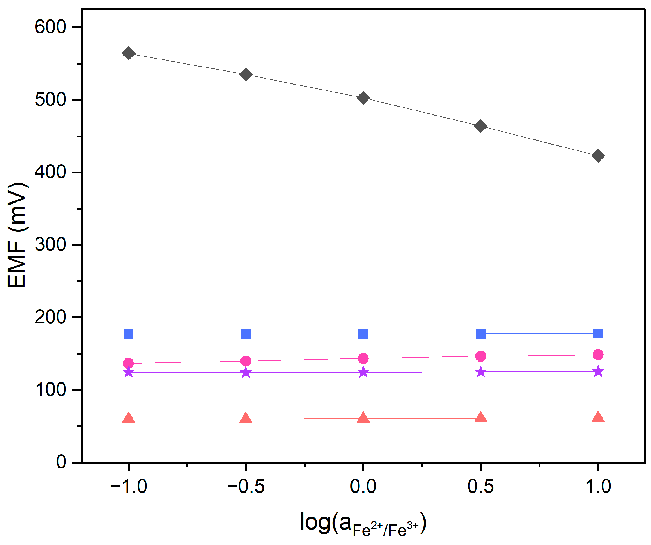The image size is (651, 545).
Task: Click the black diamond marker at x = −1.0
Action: [x=128, y=53]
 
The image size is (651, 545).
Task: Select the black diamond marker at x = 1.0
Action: [x=598, y=156]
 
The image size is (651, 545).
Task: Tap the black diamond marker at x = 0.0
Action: [x=363, y=98]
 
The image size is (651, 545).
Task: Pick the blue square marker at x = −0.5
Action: [x=246, y=334]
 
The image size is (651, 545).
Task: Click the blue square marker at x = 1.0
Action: [x=598, y=333]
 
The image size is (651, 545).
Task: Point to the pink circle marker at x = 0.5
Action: [x=480, y=356]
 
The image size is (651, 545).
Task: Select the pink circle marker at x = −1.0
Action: [x=128, y=363]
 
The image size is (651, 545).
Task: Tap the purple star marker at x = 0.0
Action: [x=363, y=372]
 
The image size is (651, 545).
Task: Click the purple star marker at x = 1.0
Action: [x=598, y=371]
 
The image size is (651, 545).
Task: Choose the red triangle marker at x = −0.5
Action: [x=246, y=418]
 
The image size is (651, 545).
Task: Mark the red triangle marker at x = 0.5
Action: [x=480, y=418]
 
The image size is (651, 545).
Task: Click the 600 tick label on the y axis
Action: [x=50, y=27]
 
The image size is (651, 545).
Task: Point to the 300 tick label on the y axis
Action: [x=50, y=245]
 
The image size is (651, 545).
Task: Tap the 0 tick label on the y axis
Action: [x=61, y=462]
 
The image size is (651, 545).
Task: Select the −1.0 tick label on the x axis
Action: [x=128, y=486]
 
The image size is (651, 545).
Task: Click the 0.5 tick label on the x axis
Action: [x=480, y=486]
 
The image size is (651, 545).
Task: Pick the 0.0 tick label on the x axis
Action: [x=363, y=486]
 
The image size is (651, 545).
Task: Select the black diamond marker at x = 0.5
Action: [x=480, y=126]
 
